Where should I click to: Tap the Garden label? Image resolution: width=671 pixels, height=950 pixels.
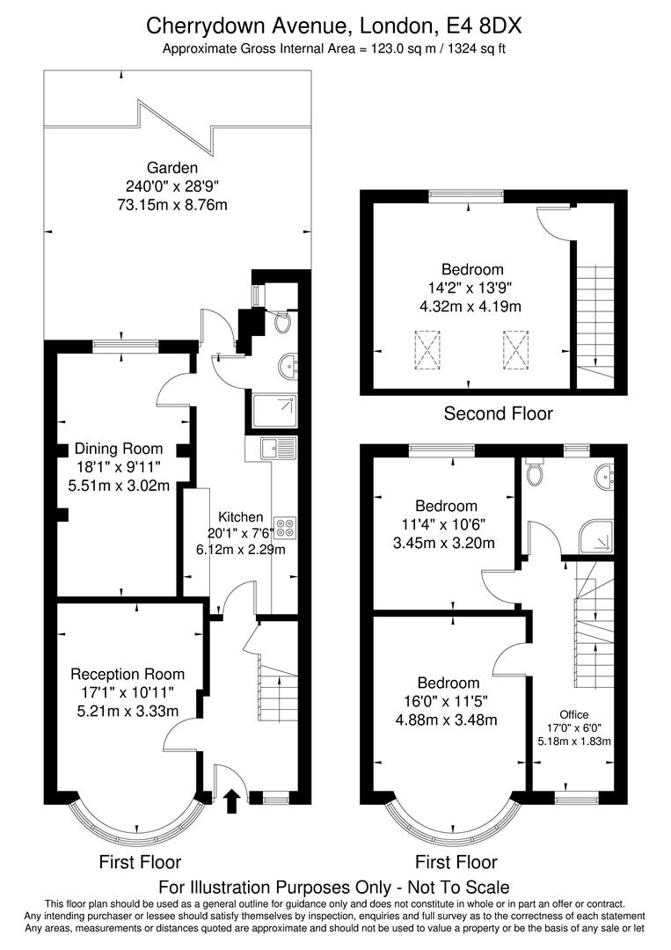[172, 167]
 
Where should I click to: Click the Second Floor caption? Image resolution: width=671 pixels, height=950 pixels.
[498, 413]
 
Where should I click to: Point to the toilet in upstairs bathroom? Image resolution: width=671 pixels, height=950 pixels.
[534, 474]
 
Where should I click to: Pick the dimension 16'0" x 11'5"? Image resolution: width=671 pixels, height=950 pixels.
[449, 701]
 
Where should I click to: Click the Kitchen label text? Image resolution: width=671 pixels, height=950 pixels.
[236, 516]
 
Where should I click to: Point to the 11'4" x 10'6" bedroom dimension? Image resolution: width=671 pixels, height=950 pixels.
[447, 524]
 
